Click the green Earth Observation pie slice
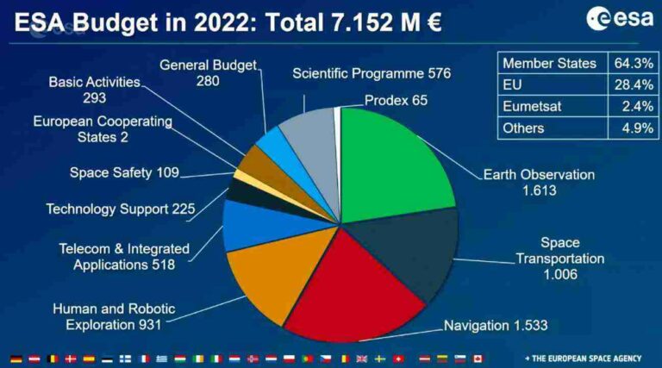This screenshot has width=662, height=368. pos(397,164)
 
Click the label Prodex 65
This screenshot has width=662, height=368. pos(396,100)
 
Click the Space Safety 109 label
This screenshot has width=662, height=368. pos(124,173)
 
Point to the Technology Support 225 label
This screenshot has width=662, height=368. pos(121,209)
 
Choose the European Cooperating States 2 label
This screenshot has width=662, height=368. pos(102,129)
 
